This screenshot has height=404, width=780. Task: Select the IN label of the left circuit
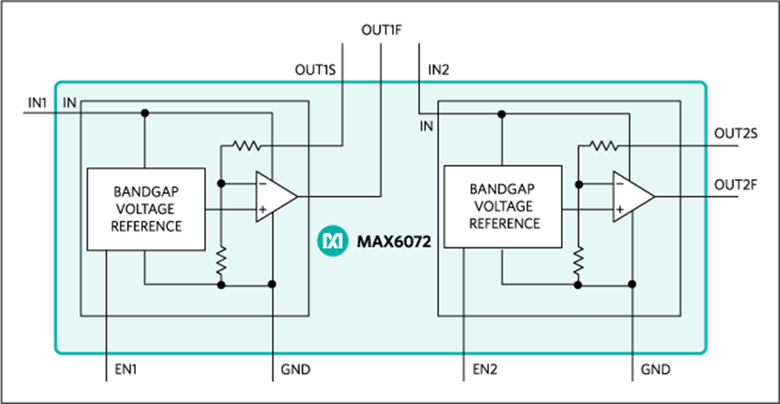point(70,103)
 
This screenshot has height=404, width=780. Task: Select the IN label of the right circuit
point(427,126)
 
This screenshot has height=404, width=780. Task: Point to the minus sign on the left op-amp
point(262,183)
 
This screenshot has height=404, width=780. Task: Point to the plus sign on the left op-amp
point(262,210)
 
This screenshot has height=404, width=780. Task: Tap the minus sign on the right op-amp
point(619,184)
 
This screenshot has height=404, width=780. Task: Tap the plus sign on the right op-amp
point(619,211)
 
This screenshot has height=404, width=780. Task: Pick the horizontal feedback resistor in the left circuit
point(245,146)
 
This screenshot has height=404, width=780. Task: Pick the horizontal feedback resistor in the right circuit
point(602,146)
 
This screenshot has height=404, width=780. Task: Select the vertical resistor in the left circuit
point(221,260)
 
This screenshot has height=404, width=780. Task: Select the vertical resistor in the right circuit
point(578,260)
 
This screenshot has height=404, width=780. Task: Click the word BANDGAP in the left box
point(147,192)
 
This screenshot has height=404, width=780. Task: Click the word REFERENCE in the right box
point(504,223)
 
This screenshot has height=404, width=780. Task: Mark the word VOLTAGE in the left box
point(147,208)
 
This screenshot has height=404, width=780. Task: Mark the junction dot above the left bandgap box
point(145,113)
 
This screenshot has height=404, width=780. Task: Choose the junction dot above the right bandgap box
point(502,114)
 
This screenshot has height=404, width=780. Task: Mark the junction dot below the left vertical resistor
point(221,284)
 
